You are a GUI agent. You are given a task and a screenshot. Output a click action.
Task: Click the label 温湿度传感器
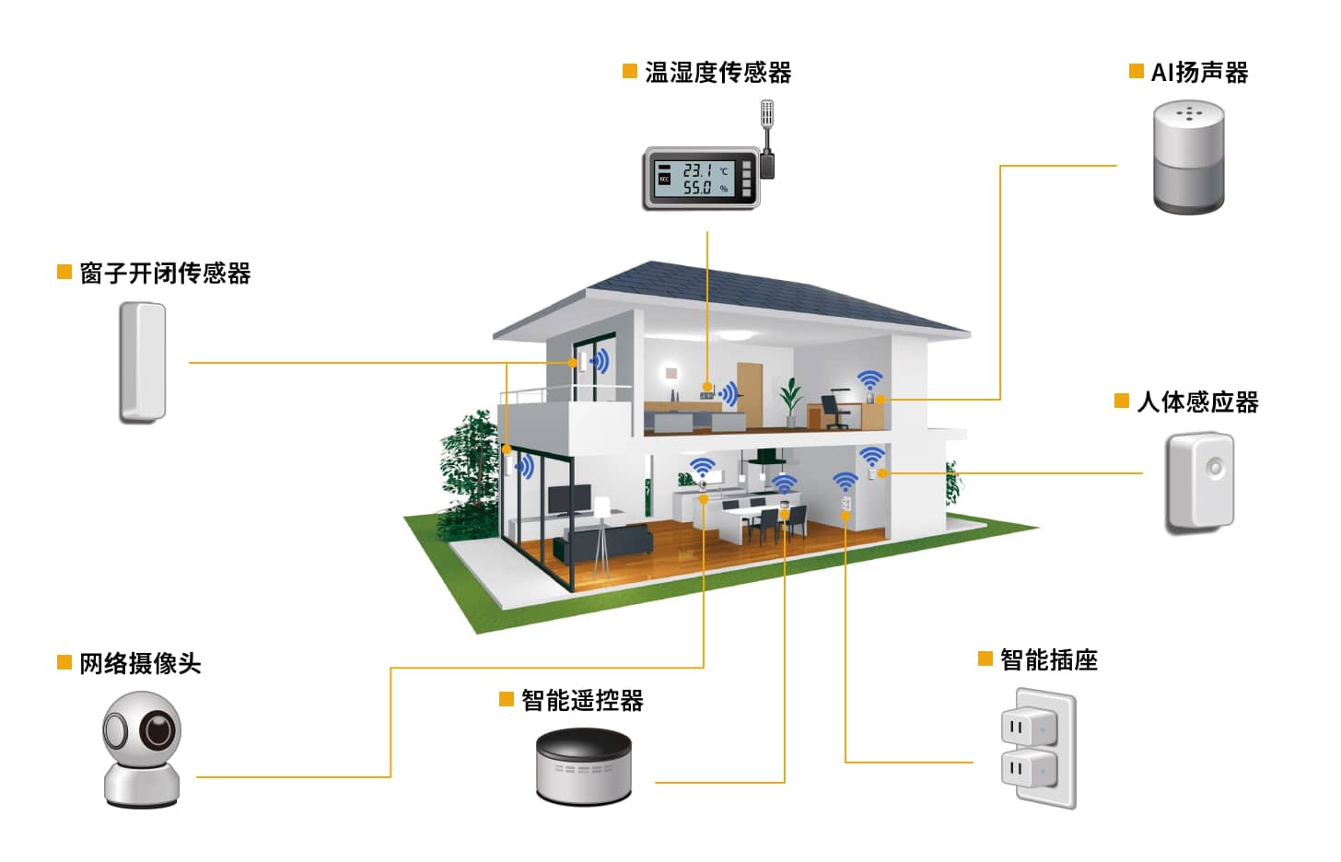[717, 73]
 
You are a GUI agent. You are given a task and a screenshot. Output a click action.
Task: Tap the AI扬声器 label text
[1199, 73]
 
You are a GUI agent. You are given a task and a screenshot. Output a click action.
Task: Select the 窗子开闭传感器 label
[165, 274]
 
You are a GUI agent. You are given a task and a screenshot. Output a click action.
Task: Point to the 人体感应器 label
[1197, 402]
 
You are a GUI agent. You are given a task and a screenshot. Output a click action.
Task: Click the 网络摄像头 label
[140, 664]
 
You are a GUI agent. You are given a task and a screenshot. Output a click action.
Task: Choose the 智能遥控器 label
[582, 701]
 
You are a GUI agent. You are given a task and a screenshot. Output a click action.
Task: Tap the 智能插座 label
[1049, 660]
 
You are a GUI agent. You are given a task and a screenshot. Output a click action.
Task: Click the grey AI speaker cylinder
[1189, 158]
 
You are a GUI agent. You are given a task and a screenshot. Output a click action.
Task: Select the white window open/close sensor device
[142, 362]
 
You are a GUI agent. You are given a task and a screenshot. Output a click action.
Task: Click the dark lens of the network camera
[157, 732]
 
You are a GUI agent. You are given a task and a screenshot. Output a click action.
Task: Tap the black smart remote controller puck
[584, 765]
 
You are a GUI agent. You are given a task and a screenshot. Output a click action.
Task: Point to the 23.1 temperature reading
[697, 170]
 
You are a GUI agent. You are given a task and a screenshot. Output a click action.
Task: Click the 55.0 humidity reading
[697, 188]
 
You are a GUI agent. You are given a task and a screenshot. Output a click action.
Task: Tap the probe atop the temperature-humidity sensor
[766, 115]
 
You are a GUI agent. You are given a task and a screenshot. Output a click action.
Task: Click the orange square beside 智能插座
[985, 658]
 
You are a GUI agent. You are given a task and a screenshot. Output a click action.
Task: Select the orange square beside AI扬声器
[1137, 71]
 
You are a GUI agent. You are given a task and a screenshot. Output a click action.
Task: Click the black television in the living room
[570, 498]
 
